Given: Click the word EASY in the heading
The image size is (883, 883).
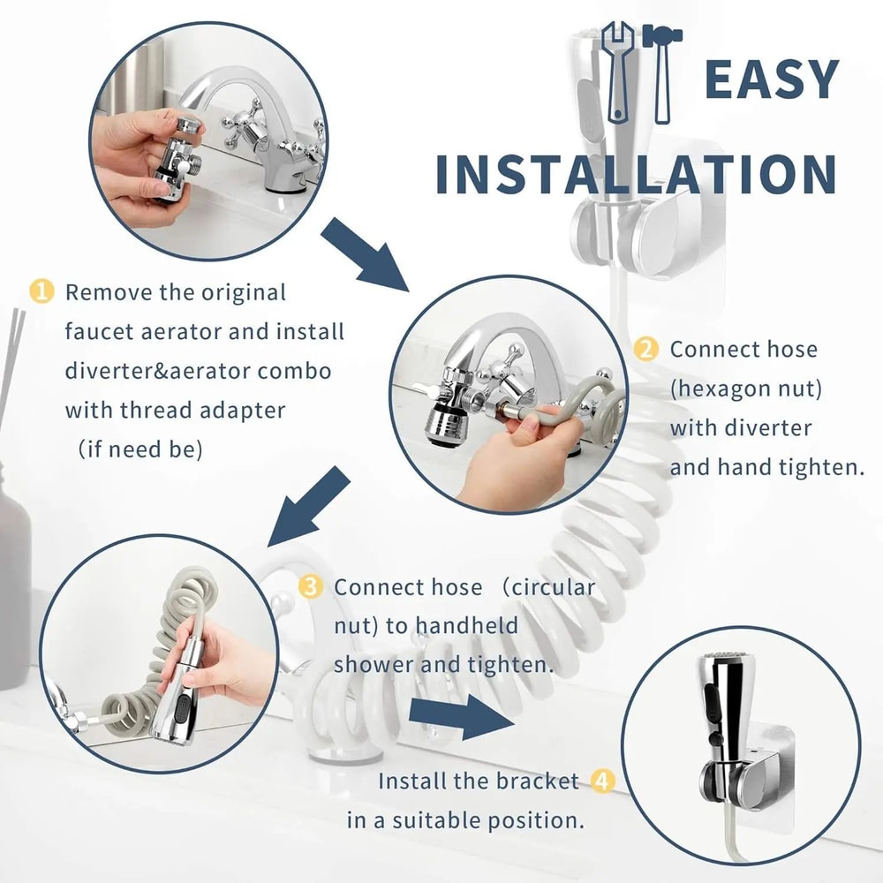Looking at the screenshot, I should coord(771,80).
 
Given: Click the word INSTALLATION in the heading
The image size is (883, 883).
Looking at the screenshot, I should coord(636,174).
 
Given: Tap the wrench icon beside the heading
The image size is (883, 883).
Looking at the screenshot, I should coord(618,71).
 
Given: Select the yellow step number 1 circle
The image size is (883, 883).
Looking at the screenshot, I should coord(42,292).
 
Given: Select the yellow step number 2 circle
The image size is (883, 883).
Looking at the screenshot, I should coord(647,349).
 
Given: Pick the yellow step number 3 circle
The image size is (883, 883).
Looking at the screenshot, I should coord(311,587).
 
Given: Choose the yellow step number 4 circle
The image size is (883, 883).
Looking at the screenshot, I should coord(602,781).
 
